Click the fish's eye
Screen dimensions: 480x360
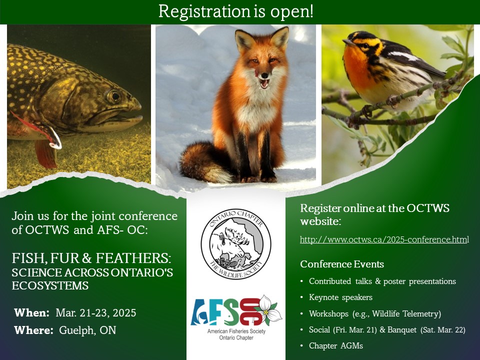(114, 96)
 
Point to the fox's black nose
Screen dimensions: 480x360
(264, 75)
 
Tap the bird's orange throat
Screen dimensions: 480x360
(356, 64)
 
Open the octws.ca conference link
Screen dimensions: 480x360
(384, 239)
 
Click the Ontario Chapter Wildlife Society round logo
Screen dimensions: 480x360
(235, 244)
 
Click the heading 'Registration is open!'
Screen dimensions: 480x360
(235, 11)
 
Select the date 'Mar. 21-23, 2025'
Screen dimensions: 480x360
(96, 313)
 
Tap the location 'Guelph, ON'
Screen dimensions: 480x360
(87, 330)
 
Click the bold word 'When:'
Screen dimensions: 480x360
(32, 313)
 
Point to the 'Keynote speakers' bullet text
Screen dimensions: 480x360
(340, 297)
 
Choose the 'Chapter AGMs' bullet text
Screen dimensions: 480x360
(336, 345)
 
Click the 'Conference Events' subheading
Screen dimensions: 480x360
(342, 264)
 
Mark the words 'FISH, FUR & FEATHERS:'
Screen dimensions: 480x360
(91, 258)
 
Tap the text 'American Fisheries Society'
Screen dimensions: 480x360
(236, 331)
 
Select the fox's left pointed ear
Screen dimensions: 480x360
(243, 40)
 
